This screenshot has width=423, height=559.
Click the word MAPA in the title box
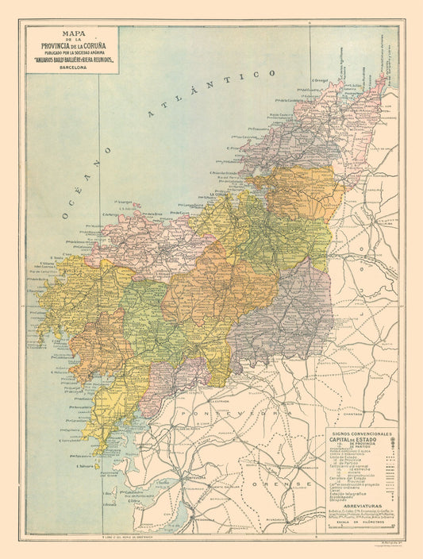tap(72, 34)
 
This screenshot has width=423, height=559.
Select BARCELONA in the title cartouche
tap(72, 67)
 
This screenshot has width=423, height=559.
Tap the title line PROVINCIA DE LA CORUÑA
tap(72, 47)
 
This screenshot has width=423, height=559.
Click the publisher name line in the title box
tap(72, 60)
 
